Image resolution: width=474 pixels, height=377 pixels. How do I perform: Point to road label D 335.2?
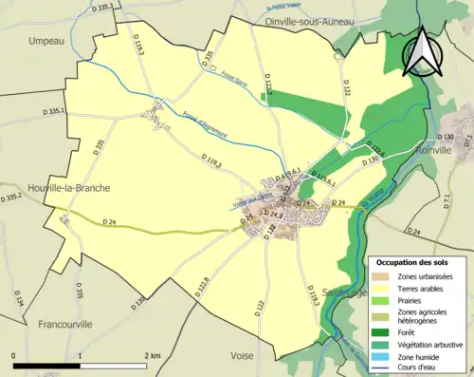(x=12, y=197)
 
